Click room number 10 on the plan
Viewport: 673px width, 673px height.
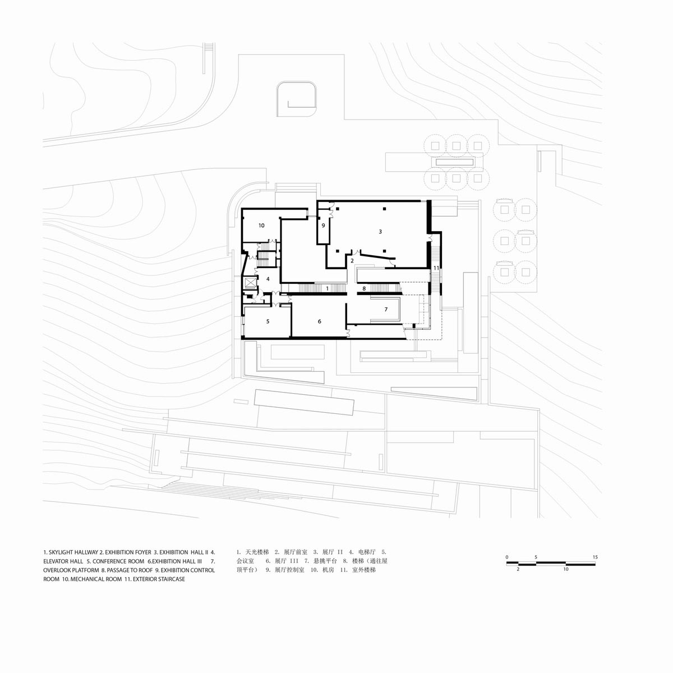261,225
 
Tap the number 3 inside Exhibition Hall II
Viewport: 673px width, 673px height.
380,232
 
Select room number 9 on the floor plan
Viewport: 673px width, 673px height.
323,225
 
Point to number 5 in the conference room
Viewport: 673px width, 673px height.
268,321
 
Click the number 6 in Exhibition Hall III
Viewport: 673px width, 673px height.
319,321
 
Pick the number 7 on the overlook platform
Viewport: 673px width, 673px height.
386,310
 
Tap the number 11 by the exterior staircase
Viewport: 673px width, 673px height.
436,268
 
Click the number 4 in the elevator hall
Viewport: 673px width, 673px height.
268,279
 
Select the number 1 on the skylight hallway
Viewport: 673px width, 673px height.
327,288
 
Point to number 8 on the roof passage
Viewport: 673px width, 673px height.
364,288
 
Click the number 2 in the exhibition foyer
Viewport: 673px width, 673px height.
352,261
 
